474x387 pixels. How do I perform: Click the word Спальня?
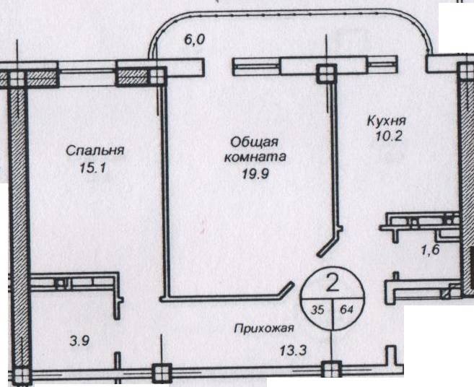coord(95,150)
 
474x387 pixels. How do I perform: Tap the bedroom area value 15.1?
coord(93,168)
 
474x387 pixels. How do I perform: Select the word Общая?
coord(254,142)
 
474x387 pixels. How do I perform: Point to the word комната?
coord(255,157)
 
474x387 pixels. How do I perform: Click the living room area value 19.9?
coord(255,174)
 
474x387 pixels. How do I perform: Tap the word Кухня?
coord(387,121)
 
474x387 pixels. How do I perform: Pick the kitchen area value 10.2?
coord(388,136)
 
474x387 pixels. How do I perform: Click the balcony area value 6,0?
coord(194,40)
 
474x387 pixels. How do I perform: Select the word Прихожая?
coord(264,329)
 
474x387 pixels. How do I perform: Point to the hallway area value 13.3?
coord(293,351)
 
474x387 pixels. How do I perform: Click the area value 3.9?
coord(79,342)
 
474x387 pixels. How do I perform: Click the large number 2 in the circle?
coord(333,284)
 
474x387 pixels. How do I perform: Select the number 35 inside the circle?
coord(317,310)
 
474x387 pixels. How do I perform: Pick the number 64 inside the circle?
coord(346,310)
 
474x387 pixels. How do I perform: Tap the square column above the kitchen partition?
coord(326,74)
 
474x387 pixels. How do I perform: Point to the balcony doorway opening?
coord(219,67)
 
